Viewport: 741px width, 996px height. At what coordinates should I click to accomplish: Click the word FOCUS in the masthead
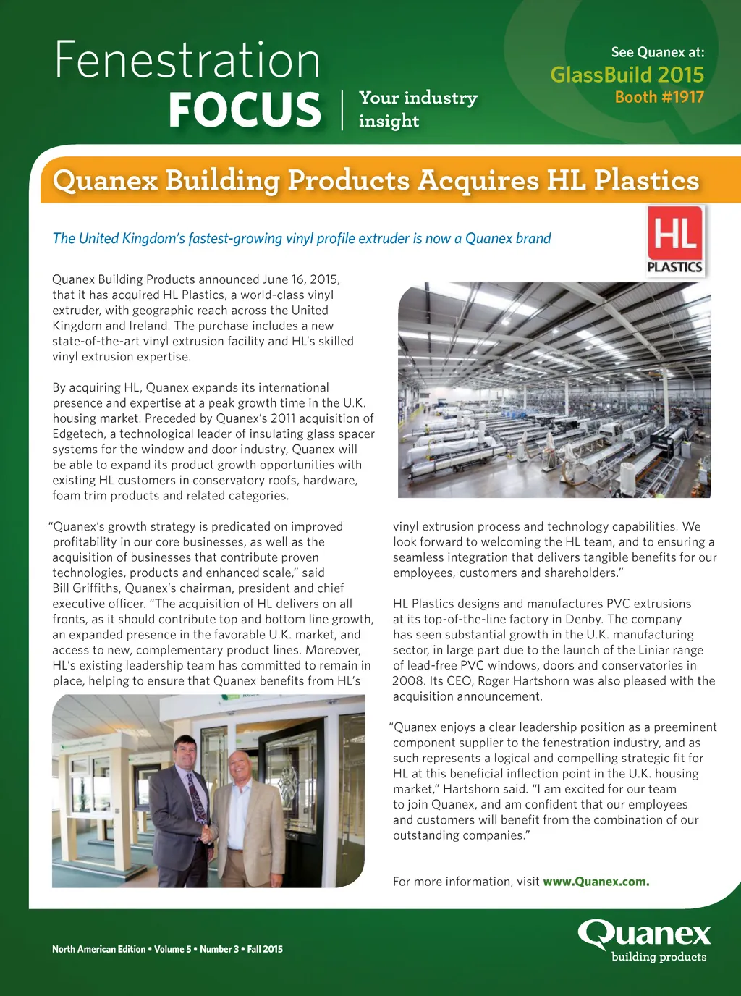point(245,110)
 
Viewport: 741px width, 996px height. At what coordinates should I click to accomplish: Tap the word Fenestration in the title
point(187,61)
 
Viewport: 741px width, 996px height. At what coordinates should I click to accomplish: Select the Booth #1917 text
point(659,97)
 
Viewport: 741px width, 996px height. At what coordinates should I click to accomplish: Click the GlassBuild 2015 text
point(627,75)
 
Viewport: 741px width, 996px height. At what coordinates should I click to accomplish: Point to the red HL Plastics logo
point(674,241)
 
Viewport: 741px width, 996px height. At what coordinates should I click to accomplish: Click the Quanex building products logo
point(644,940)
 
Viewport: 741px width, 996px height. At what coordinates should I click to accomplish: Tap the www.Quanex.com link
point(596,882)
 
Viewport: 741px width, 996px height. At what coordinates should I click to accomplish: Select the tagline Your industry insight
point(418,109)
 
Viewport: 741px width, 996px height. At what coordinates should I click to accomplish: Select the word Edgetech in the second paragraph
point(77,434)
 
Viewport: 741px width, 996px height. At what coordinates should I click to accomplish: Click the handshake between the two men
point(209,834)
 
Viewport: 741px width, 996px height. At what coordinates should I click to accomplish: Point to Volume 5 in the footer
point(173,949)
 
